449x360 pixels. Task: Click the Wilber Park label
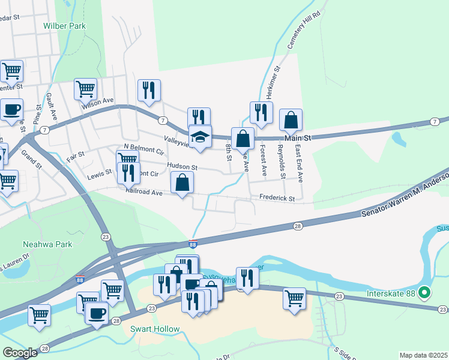pyautogui.click(x=64, y=26)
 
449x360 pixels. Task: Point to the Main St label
pyautogui.click(x=297, y=138)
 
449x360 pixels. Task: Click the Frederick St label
pyautogui.click(x=277, y=198)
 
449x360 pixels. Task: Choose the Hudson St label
pyautogui.click(x=182, y=167)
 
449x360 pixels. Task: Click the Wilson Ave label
pyautogui.click(x=98, y=103)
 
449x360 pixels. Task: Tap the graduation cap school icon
pyautogui.click(x=200, y=137)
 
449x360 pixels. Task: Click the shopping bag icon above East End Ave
pyautogui.click(x=291, y=121)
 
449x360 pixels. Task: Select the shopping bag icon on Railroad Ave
pyautogui.click(x=182, y=183)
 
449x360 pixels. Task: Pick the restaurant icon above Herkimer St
pyautogui.click(x=261, y=112)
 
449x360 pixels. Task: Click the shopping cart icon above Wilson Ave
pyautogui.click(x=86, y=89)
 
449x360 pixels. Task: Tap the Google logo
pyautogui.click(x=20, y=353)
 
